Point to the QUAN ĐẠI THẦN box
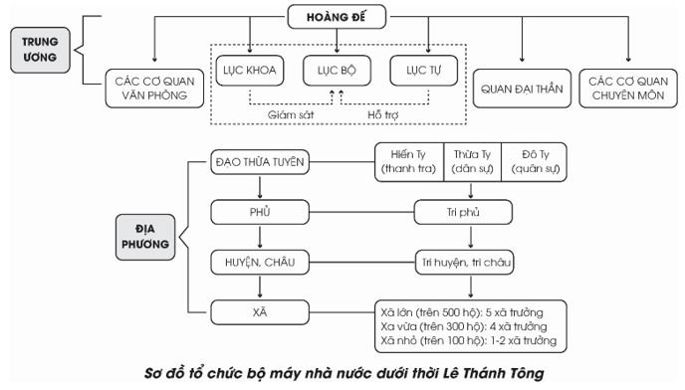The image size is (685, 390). [523, 90]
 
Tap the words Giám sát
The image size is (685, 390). [291, 113]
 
